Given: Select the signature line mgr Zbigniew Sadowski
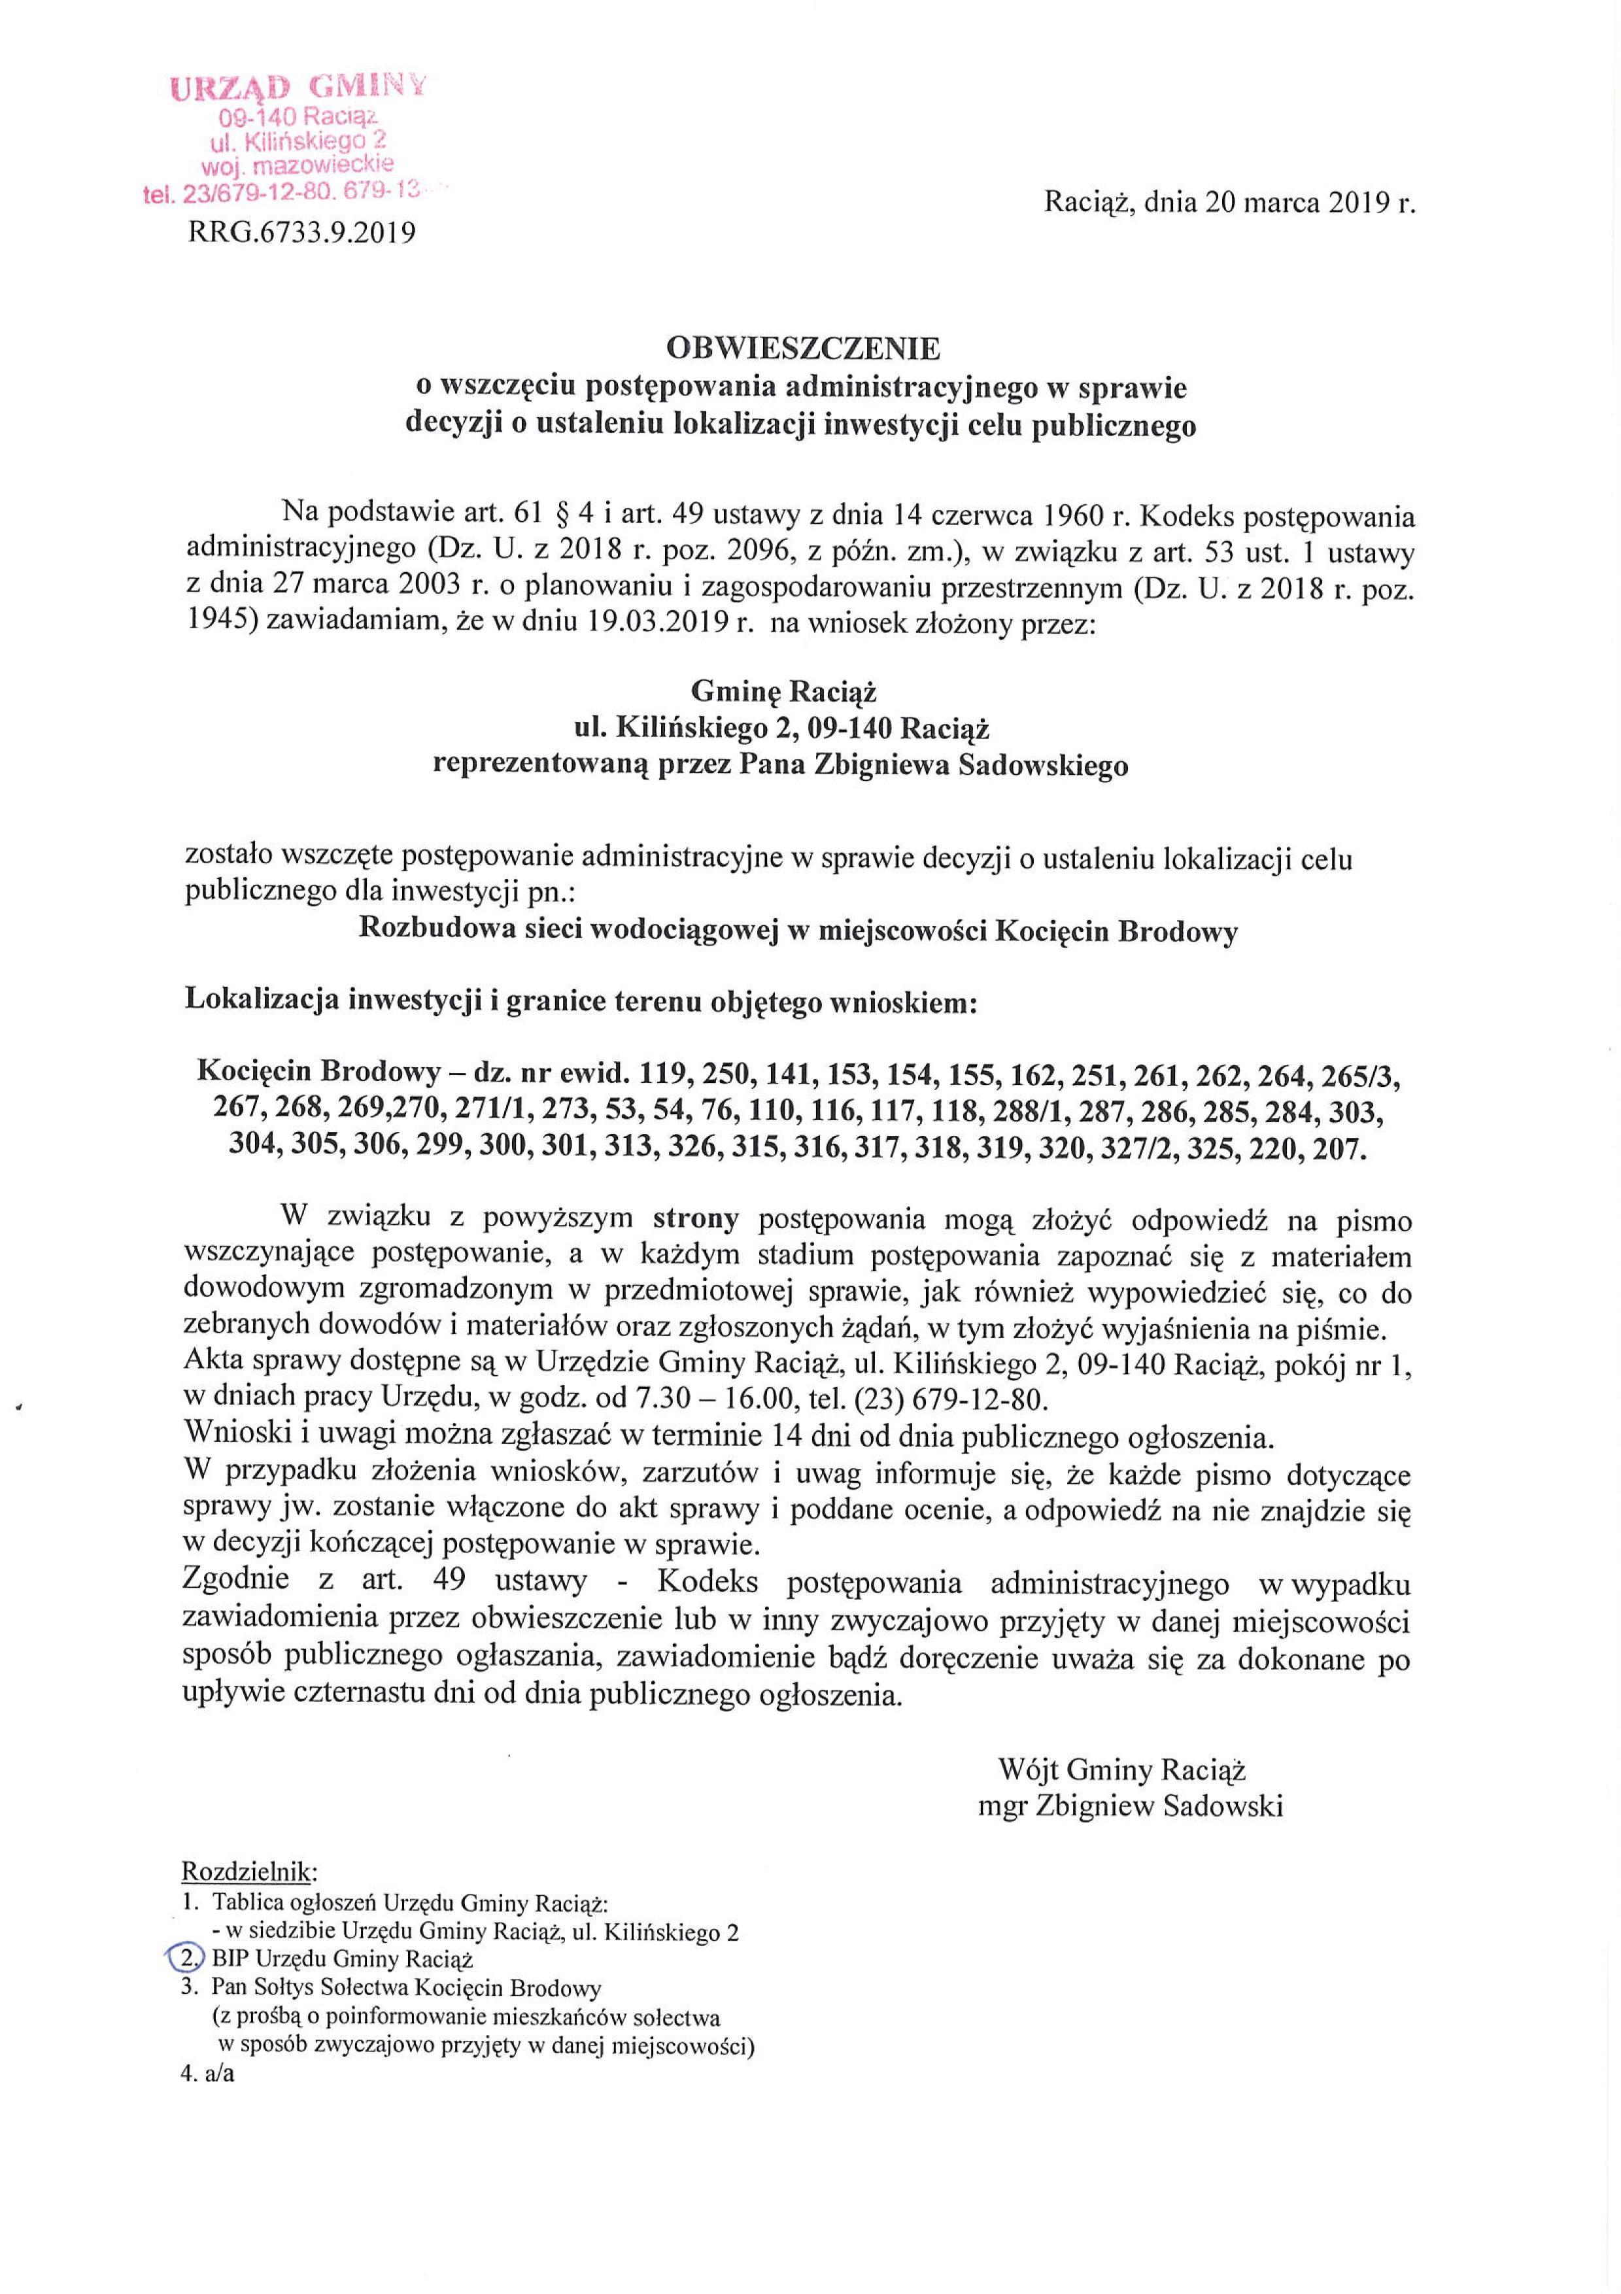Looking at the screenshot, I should click(x=1131, y=1806).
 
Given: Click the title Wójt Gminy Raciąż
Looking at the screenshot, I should click(x=1121, y=1770).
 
